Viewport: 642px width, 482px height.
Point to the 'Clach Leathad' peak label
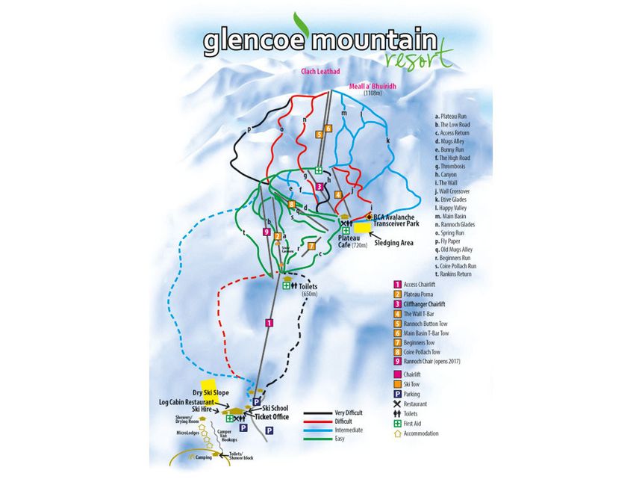pyautogui.click(x=320, y=72)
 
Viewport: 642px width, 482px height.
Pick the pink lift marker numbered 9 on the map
pyautogui.click(x=267, y=232)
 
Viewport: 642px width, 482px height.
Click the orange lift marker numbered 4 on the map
pyautogui.click(x=337, y=195)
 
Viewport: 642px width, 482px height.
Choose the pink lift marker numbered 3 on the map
pyautogui.click(x=319, y=187)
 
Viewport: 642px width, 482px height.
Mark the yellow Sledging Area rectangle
pyautogui.click(x=363, y=227)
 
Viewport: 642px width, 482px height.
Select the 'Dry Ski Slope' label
pyautogui.click(x=210, y=392)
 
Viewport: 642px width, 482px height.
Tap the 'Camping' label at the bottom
pyautogui.click(x=203, y=457)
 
